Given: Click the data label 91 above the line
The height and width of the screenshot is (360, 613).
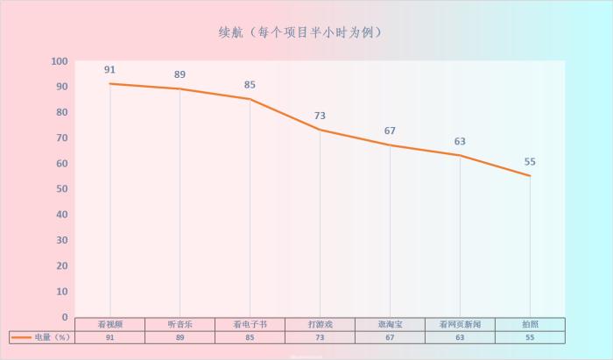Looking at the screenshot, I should [x=109, y=70].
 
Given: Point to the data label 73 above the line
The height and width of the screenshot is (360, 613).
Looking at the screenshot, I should [x=320, y=116].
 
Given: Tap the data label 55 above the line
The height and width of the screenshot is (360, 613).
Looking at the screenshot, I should [x=530, y=162].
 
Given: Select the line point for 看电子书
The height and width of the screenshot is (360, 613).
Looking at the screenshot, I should [x=250, y=99].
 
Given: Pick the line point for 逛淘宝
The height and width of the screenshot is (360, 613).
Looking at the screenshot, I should [x=390, y=145].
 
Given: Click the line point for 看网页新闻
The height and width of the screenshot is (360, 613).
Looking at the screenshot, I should [x=460, y=155].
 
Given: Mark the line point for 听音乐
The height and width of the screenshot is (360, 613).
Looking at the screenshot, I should [x=180, y=88].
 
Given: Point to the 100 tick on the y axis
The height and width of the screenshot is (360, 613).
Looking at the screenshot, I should [x=60, y=61].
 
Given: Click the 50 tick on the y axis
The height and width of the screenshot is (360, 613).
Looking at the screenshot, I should [x=62, y=189].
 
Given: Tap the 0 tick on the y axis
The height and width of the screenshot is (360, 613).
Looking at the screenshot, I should [x=65, y=317].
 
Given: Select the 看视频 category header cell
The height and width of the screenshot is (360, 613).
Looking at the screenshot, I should [x=109, y=324].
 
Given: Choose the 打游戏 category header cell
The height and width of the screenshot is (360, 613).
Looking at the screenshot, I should [x=320, y=324].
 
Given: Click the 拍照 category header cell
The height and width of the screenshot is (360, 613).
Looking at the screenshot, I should [x=530, y=324].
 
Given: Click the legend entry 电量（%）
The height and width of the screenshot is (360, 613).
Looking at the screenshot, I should [x=41, y=337].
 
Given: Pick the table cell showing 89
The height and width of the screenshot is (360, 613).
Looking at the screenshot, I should [x=180, y=337].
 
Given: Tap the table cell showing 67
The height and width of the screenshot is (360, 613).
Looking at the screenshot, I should [x=390, y=337].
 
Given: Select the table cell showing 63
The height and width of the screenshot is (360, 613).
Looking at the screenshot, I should [x=460, y=337].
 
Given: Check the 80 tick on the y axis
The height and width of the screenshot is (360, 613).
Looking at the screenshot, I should [x=62, y=112].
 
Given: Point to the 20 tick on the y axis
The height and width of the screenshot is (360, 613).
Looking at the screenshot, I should [x=62, y=265].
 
